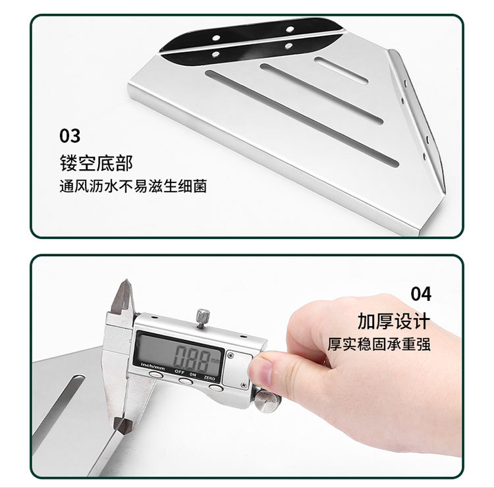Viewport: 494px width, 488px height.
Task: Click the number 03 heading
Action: click(70, 136)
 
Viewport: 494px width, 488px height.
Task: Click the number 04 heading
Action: click(421, 293)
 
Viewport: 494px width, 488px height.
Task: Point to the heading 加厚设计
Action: click(394, 321)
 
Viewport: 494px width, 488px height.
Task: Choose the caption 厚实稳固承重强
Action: click(379, 344)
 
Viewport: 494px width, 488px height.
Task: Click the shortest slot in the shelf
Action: click(341, 70)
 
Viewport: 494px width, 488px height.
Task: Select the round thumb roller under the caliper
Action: click(265, 398)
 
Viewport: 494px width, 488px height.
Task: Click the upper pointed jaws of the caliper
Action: click(123, 300)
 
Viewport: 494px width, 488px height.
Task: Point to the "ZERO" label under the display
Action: click(210, 377)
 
